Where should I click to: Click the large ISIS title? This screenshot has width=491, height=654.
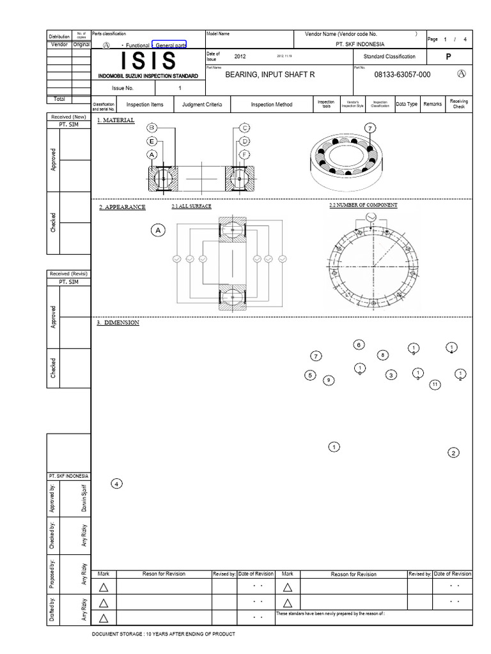click(x=148, y=61)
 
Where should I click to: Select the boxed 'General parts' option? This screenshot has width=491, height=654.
click(x=169, y=45)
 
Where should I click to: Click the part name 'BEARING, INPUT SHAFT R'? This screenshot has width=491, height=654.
click(x=270, y=75)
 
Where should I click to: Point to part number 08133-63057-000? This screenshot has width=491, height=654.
click(x=402, y=75)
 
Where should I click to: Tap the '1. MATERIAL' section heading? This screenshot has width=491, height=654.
click(x=116, y=120)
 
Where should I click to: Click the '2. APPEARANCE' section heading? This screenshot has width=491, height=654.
click(x=122, y=207)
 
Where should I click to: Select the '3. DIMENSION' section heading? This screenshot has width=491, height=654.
click(x=118, y=323)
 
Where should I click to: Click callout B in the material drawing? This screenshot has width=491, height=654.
click(x=152, y=127)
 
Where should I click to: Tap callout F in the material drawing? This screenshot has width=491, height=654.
click(x=245, y=155)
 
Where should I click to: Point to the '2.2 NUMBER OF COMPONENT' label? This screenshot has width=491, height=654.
click(x=362, y=205)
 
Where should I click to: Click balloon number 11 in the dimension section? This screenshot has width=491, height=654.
click(x=435, y=384)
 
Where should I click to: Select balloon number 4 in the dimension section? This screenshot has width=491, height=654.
click(x=116, y=483)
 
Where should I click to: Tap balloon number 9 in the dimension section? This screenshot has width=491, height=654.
click(x=329, y=381)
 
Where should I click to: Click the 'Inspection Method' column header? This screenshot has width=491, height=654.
click(x=271, y=104)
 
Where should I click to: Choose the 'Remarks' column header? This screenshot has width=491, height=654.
click(x=433, y=104)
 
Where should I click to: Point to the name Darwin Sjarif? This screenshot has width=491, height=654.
click(x=84, y=498)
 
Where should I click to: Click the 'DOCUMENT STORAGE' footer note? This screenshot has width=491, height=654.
click(x=164, y=634)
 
